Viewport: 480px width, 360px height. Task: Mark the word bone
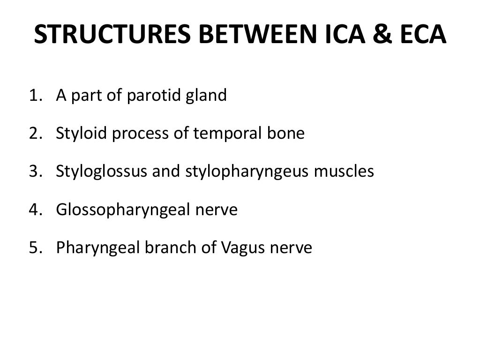click(287, 134)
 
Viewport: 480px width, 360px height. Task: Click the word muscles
click(344, 172)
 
